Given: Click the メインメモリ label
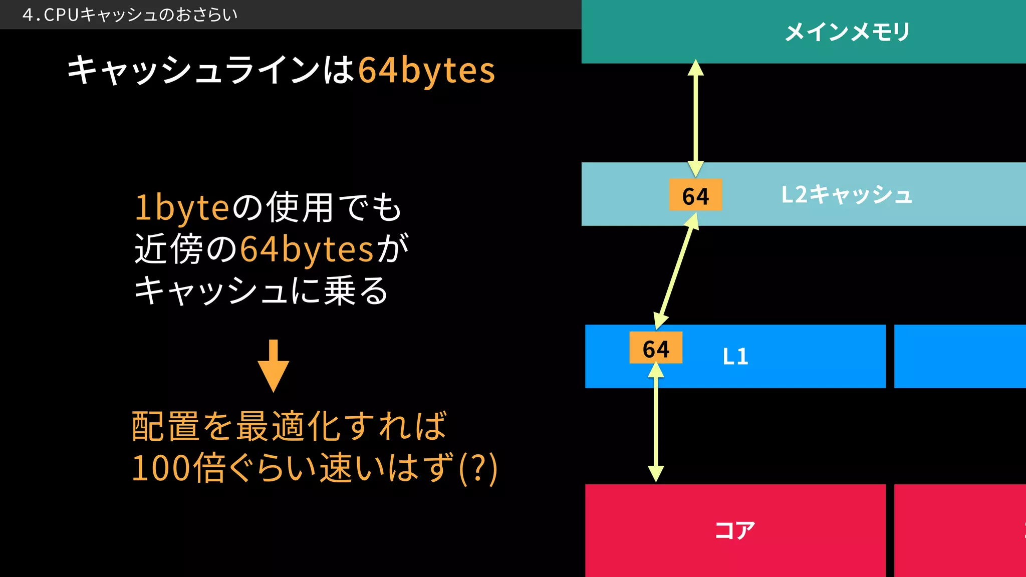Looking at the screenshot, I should pos(847,32).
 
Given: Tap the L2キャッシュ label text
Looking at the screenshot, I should pos(847,194).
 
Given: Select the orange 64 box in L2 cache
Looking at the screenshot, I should pos(695,195).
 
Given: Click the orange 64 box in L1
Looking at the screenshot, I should pos(656,348).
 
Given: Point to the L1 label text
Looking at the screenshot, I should pos(735,357).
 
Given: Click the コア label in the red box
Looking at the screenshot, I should pos(734,530).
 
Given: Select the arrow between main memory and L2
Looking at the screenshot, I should pos(695,118).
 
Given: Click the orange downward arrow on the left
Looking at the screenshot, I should pos(274,366).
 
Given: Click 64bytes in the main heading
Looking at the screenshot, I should pos(426,70).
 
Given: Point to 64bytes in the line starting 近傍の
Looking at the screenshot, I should pos(307,249).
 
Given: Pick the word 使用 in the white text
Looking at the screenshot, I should pos(300,207).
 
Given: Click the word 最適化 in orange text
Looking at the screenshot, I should pos(289,426).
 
